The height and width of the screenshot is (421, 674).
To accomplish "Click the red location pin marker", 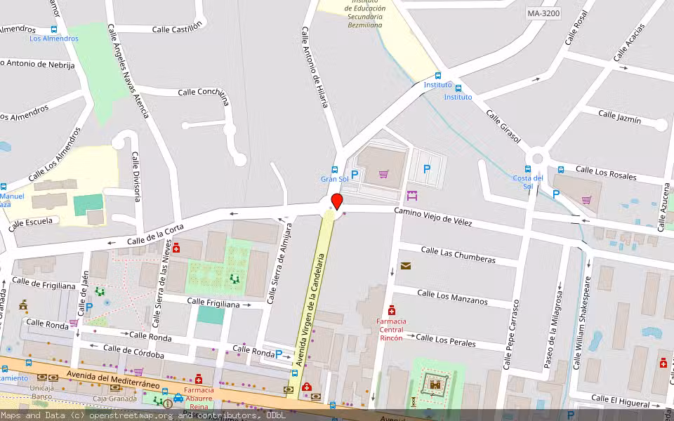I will (337, 201).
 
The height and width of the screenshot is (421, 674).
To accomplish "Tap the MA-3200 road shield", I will (543, 13).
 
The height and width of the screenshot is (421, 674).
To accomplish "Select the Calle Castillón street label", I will (177, 27).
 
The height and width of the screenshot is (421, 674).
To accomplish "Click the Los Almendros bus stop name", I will (54, 39).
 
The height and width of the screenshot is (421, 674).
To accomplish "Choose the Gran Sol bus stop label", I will (334, 179).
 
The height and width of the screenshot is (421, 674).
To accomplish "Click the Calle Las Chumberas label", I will (458, 255).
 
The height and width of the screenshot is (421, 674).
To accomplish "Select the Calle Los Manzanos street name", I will (452, 297).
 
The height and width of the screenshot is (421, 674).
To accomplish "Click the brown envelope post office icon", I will (406, 265).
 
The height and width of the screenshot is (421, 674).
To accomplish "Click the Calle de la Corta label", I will (155, 234).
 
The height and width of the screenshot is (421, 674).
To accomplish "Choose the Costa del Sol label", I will (528, 182).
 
